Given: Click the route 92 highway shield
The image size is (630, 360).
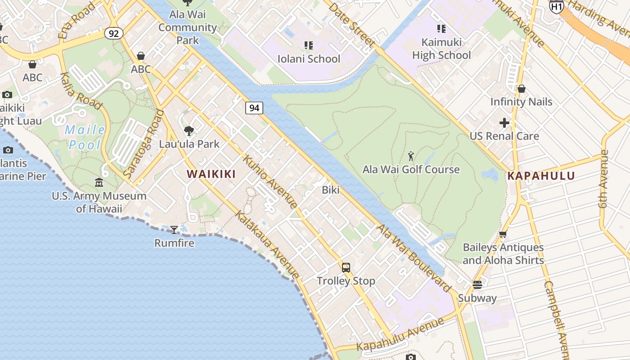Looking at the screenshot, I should [x=114, y=33].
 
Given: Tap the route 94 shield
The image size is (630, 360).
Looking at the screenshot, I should [x=254, y=108].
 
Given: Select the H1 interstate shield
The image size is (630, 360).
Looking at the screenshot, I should [x=556, y=6].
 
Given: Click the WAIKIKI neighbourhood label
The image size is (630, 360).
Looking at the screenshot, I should [x=211, y=174].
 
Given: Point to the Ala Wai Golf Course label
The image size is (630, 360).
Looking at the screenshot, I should [x=411, y=170].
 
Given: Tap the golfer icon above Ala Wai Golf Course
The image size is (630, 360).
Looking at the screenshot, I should [x=411, y=157].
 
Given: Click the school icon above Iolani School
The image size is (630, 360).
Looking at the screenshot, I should [x=309, y=45].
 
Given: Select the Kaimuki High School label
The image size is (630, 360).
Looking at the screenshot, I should [x=441, y=49].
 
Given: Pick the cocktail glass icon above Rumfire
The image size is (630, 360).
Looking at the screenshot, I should [x=174, y=230].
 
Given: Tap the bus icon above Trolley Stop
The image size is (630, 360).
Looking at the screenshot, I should [x=346, y=268].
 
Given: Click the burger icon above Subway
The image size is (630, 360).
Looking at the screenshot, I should [x=477, y=285].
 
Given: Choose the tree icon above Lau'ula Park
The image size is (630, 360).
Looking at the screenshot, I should [x=189, y=131].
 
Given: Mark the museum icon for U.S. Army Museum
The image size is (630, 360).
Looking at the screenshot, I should [x=99, y=183].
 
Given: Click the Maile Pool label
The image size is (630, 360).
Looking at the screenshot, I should [x=85, y=138].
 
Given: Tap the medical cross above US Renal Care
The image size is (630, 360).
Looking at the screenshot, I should [x=504, y=122].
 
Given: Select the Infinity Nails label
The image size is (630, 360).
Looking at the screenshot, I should [x=521, y=102].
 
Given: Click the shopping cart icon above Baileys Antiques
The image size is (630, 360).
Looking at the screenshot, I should [x=503, y=234].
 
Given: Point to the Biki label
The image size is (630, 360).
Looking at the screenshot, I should [x=331, y=190].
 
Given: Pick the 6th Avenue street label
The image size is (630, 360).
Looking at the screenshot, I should [x=603, y=179].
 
